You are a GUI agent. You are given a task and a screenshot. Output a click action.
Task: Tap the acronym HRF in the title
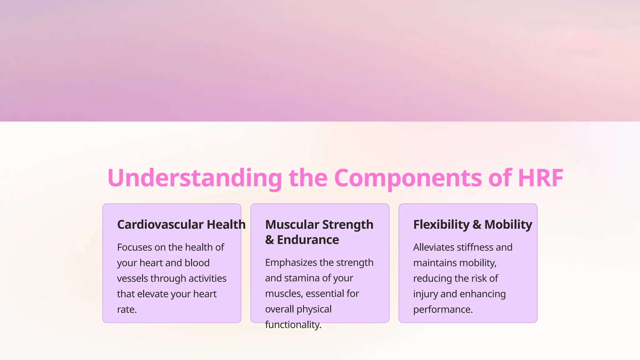(540, 178)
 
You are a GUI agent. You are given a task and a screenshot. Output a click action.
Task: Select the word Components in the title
(407, 178)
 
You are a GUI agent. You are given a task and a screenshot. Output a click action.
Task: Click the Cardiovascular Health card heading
(181, 225)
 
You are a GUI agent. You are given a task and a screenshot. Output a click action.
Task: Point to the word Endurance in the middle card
(308, 240)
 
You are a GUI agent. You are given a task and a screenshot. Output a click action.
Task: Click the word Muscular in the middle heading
(292, 225)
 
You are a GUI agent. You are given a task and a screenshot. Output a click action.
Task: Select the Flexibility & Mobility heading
(472, 225)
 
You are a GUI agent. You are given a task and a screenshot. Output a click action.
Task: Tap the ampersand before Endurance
(269, 240)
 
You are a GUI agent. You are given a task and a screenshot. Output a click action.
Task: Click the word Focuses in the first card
(134, 247)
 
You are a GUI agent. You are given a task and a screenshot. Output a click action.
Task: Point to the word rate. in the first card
(127, 310)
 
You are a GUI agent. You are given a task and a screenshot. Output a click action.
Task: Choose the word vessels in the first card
(133, 278)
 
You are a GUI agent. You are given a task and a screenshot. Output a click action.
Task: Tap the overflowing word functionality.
(293, 325)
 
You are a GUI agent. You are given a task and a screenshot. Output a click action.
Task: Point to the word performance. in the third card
(443, 310)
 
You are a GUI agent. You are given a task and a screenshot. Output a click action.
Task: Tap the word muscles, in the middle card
(284, 294)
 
